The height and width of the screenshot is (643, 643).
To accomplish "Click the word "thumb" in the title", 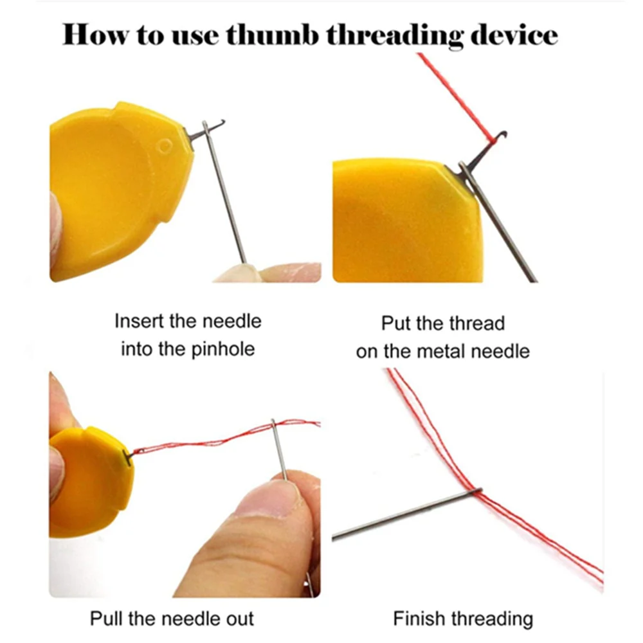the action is point(272,35).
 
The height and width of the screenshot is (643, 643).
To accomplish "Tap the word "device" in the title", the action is point(514,35).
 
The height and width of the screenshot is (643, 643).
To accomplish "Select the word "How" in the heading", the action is point(96,35).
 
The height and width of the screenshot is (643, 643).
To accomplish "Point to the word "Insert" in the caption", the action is point(139,321).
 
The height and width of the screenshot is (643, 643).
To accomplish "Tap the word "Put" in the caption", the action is point(396,323).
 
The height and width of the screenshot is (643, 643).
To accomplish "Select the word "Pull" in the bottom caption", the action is point(107,619).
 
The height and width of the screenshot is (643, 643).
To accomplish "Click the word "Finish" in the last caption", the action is point(419,619).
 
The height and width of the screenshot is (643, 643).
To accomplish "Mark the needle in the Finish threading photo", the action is point(406,513).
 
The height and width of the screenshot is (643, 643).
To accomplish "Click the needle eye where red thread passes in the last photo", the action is point(476,491).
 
